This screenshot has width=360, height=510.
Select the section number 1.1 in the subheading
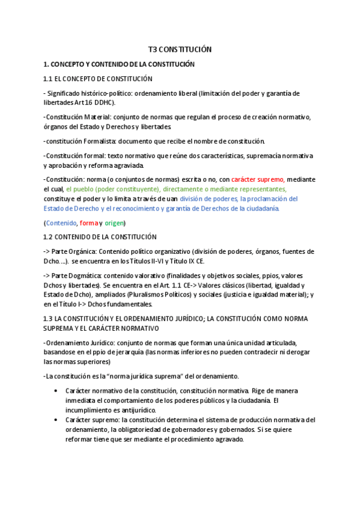point(49,79)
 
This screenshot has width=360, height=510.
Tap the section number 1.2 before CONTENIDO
point(49,237)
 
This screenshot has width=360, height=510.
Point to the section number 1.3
point(49,318)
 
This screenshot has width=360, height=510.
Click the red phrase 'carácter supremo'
point(258,179)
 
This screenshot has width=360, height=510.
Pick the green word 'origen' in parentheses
point(114,223)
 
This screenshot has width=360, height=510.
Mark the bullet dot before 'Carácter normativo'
point(56,391)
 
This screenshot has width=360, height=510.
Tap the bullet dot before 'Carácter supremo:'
point(56,420)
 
